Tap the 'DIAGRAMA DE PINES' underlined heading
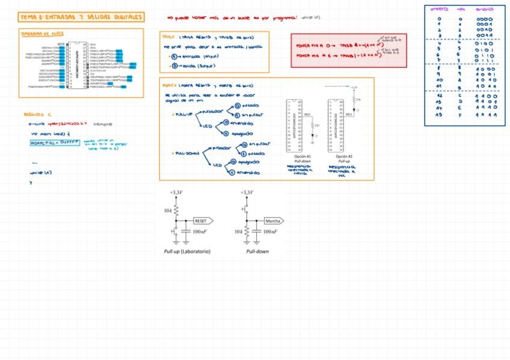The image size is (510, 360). click(x=42, y=34)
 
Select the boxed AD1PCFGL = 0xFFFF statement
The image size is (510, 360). click(x=54, y=143)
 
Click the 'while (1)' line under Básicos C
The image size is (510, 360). click(x=40, y=172)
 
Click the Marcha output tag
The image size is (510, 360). click(x=274, y=221)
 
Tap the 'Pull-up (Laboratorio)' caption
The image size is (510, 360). click(x=187, y=251)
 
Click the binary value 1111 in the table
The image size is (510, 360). click(x=485, y=114)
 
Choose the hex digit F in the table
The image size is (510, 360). click(x=461, y=114)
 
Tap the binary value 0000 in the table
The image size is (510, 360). click(x=485, y=19)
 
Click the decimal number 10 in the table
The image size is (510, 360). click(x=440, y=79)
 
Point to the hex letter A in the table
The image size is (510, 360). click(x=461, y=79)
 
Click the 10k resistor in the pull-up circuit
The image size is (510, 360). click(x=176, y=211)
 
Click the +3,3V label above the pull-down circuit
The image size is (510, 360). click(x=247, y=192)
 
